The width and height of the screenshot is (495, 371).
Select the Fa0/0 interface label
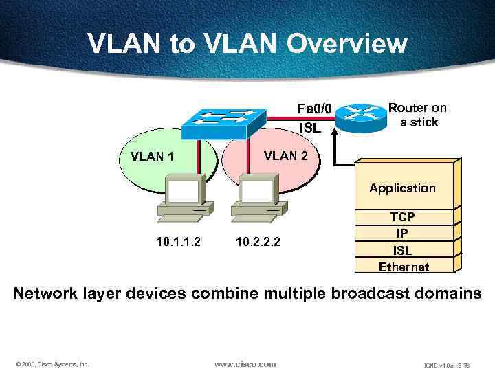pyautogui.click(x=313, y=109)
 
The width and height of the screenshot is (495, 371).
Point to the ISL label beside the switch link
pyautogui.click(x=311, y=128)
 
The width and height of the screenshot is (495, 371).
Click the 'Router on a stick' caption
pyautogui.click(x=417, y=115)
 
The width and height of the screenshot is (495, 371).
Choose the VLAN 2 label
pyautogui.click(x=290, y=155)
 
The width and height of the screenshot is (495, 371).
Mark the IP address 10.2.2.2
pyautogui.click(x=258, y=242)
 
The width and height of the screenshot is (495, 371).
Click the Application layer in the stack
pyautogui.click(x=402, y=188)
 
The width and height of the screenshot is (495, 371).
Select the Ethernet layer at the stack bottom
pyautogui.click(x=404, y=267)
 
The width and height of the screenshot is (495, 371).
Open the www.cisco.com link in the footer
pyautogui.click(x=245, y=364)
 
